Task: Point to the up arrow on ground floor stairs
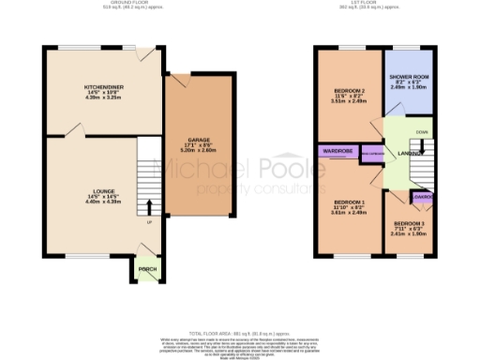[x=147, y=206]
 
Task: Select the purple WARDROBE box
[x=337, y=150]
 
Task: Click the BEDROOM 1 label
[x=347, y=201]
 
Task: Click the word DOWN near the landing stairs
[x=421, y=132]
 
